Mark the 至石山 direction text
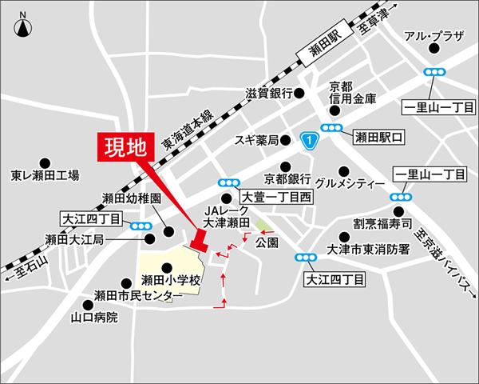32,271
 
